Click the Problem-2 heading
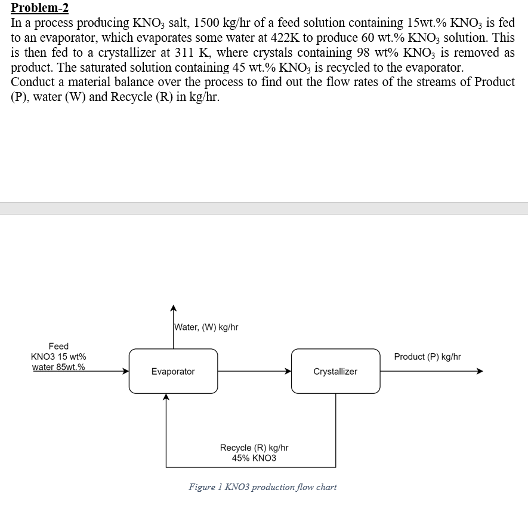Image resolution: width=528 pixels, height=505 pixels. [x=40, y=8]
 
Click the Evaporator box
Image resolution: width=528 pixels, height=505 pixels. [x=173, y=371]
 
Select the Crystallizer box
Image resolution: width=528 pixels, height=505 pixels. [x=335, y=371]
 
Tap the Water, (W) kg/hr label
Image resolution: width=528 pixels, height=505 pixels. [x=206, y=327]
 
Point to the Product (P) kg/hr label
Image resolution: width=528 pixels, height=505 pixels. [x=427, y=357]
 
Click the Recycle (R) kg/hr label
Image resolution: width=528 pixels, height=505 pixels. [x=254, y=448]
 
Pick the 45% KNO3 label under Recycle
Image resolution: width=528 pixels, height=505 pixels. [x=254, y=458]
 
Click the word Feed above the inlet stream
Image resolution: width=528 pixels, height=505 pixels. [x=58, y=346]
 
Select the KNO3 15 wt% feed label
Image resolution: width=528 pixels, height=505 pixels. [x=58, y=357]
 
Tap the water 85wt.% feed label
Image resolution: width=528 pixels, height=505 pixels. [x=58, y=367]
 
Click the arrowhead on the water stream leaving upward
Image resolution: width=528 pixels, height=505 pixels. [x=173, y=309]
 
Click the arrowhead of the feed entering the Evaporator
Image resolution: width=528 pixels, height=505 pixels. [x=125, y=371]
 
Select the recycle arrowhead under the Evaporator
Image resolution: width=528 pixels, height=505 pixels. [x=166, y=397]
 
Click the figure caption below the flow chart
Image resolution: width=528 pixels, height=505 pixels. [x=263, y=487]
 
